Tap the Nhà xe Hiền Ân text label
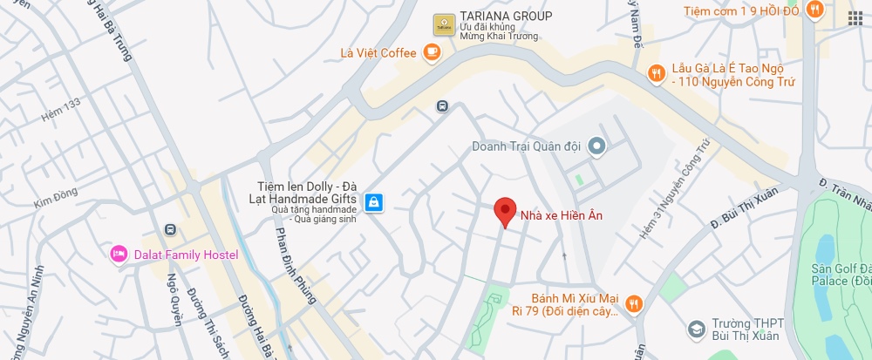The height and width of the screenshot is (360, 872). coord(562,215)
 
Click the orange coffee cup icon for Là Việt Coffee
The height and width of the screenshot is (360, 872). coord(432,53)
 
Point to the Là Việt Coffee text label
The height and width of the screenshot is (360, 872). coord(378,53)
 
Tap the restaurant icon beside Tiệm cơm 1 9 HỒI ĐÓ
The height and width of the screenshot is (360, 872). coord(815,10)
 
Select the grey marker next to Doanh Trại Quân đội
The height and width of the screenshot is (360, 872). coord(596,146)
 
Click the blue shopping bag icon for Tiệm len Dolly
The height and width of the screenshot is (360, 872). coord(373,202)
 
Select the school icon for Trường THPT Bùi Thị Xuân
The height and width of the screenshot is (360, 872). coord(697,329)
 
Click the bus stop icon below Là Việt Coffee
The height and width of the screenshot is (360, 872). coord(442,106)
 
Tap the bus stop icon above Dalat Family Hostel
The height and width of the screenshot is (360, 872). coord(170,229)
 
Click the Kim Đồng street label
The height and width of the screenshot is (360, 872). coord(56,200)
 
